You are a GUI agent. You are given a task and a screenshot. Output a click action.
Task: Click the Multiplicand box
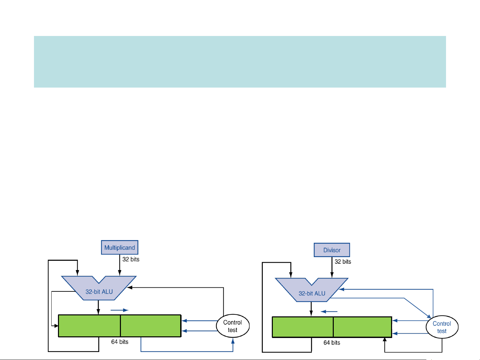click(x=120, y=247)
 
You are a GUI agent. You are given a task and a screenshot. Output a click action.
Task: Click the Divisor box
click(x=332, y=250)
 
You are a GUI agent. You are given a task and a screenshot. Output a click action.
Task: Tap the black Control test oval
click(x=233, y=326)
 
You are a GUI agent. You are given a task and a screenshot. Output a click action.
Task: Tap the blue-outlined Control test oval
click(x=442, y=327)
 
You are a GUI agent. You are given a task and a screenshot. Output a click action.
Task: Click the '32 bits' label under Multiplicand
click(x=131, y=259)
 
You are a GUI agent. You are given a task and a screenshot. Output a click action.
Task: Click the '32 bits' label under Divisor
click(x=343, y=262)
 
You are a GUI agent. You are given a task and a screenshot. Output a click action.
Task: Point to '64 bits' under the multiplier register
click(x=120, y=342)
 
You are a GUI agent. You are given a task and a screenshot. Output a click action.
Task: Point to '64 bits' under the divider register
click(x=332, y=343)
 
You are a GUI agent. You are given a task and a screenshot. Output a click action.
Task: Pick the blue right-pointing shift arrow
click(x=119, y=310)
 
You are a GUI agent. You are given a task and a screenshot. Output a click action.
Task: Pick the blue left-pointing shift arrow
click(x=329, y=312)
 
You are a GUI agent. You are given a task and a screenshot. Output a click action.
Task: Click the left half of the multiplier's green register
click(x=89, y=326)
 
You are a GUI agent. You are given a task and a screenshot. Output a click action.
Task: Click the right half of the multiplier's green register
click(x=151, y=326)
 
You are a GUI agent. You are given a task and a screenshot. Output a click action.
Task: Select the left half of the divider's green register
click(x=302, y=327)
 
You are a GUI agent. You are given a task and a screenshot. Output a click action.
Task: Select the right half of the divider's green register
click(x=362, y=327)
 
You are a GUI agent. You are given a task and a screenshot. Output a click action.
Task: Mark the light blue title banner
click(x=240, y=62)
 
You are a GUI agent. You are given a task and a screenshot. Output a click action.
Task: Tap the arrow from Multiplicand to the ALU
click(x=120, y=266)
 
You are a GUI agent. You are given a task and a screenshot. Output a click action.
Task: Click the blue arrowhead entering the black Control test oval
click(x=233, y=341)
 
